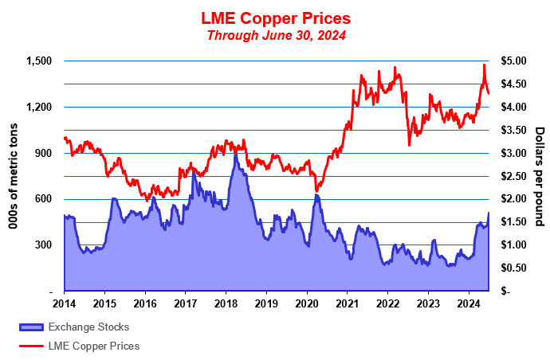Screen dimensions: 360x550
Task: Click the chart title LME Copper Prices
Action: pos(275,18)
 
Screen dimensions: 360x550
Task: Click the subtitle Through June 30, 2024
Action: pos(275,35)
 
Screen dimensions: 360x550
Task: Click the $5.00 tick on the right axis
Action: pos(513,61)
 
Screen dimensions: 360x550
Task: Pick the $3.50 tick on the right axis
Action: pos(513,131)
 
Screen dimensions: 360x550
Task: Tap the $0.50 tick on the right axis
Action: pos(513,268)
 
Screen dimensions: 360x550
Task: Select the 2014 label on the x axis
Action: pos(64,303)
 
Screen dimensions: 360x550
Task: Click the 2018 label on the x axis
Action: pos(226,303)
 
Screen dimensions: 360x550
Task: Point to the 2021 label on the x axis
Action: pos(348,303)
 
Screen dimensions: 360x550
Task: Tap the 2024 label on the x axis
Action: pos(469,303)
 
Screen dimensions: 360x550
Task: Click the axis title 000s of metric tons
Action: pos(14,177)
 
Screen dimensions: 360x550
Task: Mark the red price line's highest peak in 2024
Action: pos(483,65)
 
